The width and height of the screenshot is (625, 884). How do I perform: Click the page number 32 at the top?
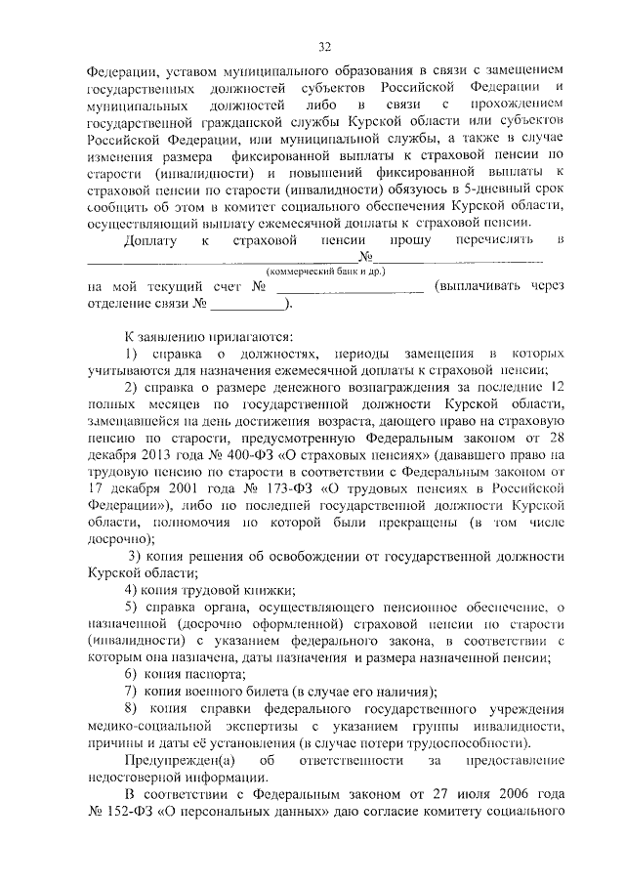(x=325, y=46)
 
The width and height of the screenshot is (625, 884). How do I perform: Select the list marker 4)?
(x=133, y=591)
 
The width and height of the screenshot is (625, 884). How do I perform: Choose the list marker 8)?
(x=133, y=707)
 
